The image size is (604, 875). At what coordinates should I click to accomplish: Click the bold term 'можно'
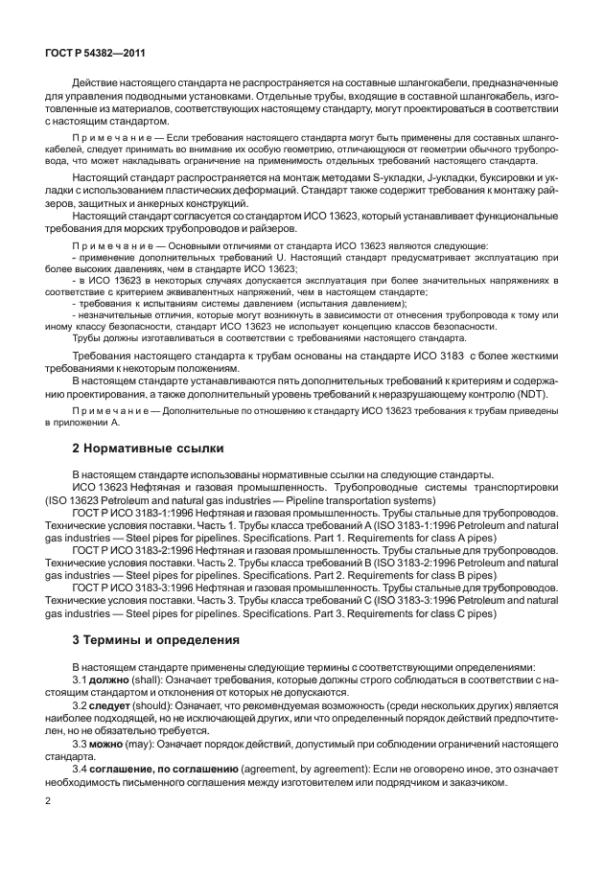coord(110,742)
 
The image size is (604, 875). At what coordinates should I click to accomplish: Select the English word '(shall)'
coord(152,679)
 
